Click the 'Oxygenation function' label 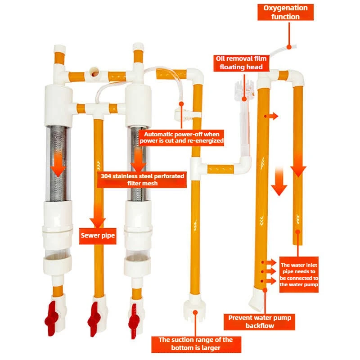click(x=285, y=12)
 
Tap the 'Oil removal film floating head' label click(x=241, y=63)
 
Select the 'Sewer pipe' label click(x=98, y=236)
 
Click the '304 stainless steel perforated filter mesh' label click(x=142, y=180)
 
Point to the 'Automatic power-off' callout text click(x=182, y=138)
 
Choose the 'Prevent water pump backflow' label click(x=260, y=322)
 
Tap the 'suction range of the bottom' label click(x=196, y=344)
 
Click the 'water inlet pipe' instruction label click(x=299, y=274)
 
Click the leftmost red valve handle click(x=51, y=319)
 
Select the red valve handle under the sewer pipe click(x=94, y=319)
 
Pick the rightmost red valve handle click(x=134, y=321)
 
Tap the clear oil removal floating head click(x=245, y=92)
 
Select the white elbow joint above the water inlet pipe click(x=297, y=78)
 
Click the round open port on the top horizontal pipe click(x=94, y=72)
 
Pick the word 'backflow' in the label click(x=260, y=326)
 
